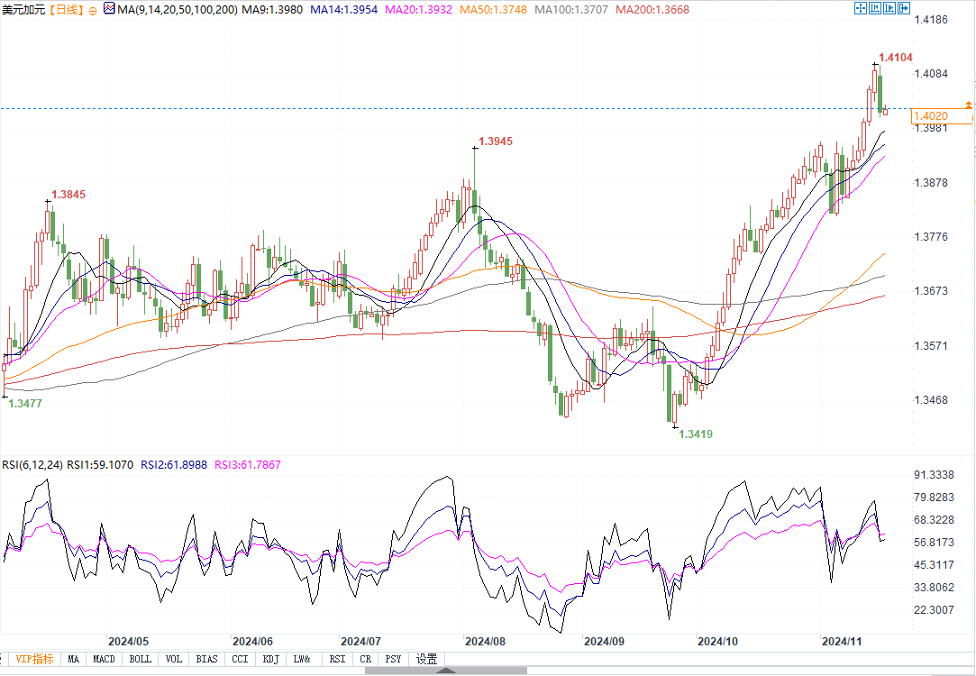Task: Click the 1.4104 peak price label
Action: click(x=896, y=57)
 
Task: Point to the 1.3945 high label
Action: click(x=496, y=142)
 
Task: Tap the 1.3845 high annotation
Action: click(x=68, y=195)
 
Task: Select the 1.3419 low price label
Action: click(x=696, y=434)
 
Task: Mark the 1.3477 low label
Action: click(x=25, y=404)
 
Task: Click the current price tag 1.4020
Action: click(x=930, y=116)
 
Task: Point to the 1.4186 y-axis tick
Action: click(x=931, y=19)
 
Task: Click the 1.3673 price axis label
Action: click(x=931, y=291)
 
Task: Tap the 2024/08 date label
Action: click(x=484, y=642)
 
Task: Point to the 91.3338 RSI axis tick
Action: click(x=934, y=475)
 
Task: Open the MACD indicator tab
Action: click(x=104, y=659)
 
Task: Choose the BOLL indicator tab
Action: click(x=140, y=659)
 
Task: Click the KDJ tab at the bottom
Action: click(x=270, y=659)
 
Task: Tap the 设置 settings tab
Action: click(x=426, y=659)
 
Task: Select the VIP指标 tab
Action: click(x=33, y=659)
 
